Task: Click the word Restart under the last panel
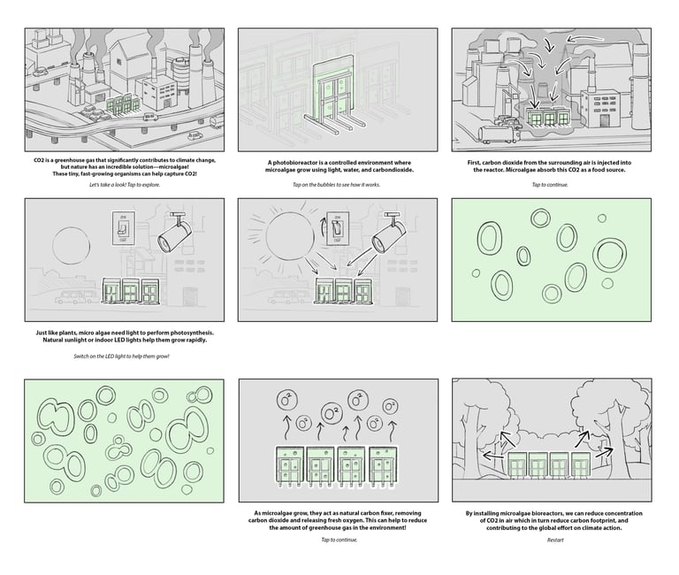click(x=555, y=540)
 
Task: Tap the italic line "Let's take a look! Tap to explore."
click(x=125, y=185)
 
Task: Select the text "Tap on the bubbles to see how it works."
click(x=338, y=185)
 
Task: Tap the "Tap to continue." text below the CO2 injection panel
click(x=551, y=185)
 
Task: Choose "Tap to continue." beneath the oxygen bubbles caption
click(x=338, y=540)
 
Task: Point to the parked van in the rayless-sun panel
click(x=77, y=298)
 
